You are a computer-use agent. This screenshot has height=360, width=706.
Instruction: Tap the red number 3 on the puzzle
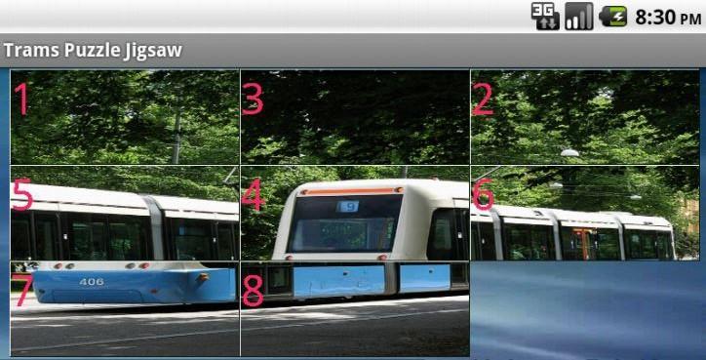point(253,99)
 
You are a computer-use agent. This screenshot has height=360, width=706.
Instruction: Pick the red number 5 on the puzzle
point(22,195)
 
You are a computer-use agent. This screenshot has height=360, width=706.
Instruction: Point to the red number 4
point(253,195)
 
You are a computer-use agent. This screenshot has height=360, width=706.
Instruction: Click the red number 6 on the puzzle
point(483,195)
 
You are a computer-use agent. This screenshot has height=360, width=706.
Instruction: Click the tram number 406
point(92,282)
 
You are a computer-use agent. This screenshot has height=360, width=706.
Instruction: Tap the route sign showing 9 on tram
point(348,207)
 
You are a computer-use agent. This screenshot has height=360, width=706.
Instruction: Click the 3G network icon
point(544,17)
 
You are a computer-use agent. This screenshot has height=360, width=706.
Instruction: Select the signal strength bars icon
point(578,17)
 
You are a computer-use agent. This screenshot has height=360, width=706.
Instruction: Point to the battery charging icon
point(612,17)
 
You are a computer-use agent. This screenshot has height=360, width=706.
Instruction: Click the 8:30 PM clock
point(667,18)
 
